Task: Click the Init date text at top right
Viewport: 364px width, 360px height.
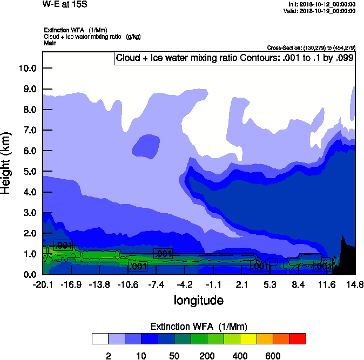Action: pyautogui.click(x=322, y=4)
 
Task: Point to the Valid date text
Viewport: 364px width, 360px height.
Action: pyautogui.click(x=321, y=11)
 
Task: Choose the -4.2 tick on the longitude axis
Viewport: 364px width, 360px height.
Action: pyautogui.click(x=185, y=284)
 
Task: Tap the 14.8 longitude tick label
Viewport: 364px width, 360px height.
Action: pyautogui.click(x=355, y=284)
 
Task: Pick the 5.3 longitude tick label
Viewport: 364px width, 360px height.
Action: pyautogui.click(x=270, y=284)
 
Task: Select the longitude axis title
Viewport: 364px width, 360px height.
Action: pyautogui.click(x=198, y=300)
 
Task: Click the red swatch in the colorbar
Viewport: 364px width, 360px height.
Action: pyautogui.click(x=298, y=338)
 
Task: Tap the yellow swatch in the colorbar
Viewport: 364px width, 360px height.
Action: pyautogui.click(x=248, y=338)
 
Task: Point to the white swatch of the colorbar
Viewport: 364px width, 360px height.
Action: pyautogui.click(x=100, y=338)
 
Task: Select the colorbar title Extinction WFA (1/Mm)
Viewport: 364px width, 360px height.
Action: pyautogui.click(x=198, y=326)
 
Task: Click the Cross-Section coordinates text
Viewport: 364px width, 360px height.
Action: pyautogui.click(x=311, y=47)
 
